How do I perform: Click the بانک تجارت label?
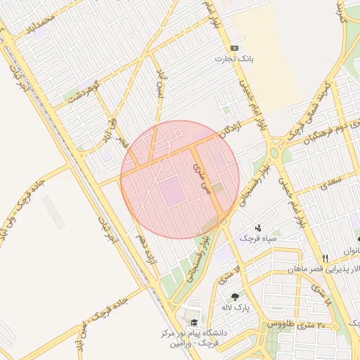233,59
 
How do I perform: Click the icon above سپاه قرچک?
258,228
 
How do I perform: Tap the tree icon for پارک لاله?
234,297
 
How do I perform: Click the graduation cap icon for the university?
194,322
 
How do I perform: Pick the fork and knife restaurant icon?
325,257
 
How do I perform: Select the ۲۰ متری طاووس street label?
293,325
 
